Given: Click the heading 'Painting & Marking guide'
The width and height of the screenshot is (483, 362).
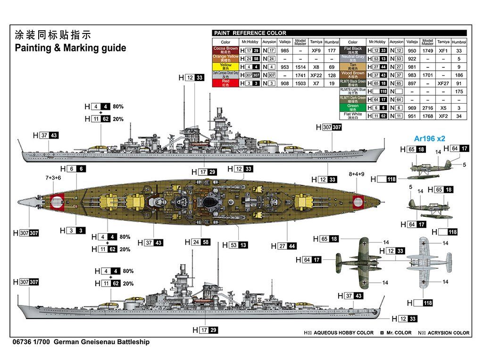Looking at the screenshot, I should pos(71,48).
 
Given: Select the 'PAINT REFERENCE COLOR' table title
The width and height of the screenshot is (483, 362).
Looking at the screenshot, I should pos(250,33).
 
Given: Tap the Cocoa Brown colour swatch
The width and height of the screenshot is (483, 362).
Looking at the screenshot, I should pos(225,50).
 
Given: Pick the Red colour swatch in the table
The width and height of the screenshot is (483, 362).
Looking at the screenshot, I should pos(225,83).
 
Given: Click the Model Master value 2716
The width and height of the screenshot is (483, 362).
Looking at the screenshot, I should pos(428,107).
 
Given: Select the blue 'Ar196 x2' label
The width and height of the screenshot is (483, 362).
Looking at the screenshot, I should pos(429,139).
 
